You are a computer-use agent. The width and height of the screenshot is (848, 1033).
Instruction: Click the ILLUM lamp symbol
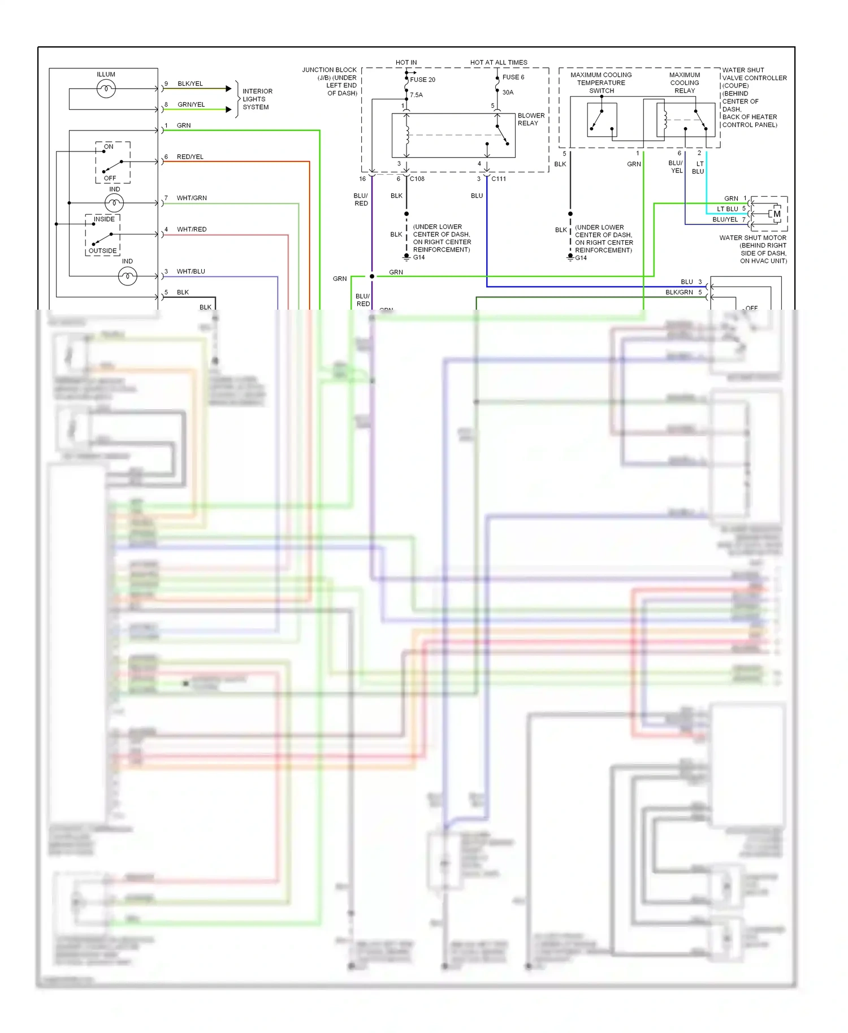pyautogui.click(x=106, y=89)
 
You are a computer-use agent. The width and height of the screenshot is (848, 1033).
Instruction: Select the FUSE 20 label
pyautogui.click(x=422, y=80)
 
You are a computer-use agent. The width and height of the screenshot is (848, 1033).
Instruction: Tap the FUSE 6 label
pyautogui.click(x=513, y=77)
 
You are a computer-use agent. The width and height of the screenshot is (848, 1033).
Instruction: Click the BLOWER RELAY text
pyautogui.click(x=531, y=119)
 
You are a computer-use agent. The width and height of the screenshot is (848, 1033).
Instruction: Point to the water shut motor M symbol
pyautogui.click(x=777, y=214)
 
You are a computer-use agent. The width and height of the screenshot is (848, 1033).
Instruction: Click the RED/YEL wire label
pyautogui.click(x=190, y=157)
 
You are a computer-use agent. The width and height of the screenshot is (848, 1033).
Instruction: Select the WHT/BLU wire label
pyautogui.click(x=191, y=271)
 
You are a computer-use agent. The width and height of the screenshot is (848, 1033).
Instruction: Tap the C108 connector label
pyautogui.click(x=417, y=179)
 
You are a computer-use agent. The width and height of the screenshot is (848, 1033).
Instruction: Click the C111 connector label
pyautogui.click(x=499, y=179)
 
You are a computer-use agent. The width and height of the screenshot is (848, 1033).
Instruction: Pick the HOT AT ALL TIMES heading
pyautogui.click(x=499, y=62)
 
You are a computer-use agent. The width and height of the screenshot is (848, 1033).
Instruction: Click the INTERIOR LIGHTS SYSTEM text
pyautogui.click(x=257, y=99)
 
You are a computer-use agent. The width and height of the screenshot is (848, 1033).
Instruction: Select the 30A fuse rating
pyautogui.click(x=508, y=92)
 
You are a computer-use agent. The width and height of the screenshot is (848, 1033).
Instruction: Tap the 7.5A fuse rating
pyautogui.click(x=416, y=95)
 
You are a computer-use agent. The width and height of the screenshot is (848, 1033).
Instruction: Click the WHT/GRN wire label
pyautogui.click(x=192, y=198)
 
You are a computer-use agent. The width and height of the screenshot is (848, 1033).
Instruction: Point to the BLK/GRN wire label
pyautogui.click(x=679, y=292)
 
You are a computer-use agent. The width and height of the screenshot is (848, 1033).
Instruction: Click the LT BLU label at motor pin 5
pyautogui.click(x=728, y=209)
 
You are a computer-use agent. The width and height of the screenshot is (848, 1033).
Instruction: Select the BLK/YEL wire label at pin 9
pyautogui.click(x=190, y=84)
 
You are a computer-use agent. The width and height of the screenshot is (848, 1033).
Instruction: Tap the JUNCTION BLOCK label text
pyautogui.click(x=330, y=81)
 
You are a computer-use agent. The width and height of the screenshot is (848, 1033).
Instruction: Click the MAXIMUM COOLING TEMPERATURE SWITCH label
pyautogui.click(x=601, y=83)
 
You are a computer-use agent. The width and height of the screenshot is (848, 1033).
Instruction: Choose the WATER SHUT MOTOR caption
pyautogui.click(x=752, y=238)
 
